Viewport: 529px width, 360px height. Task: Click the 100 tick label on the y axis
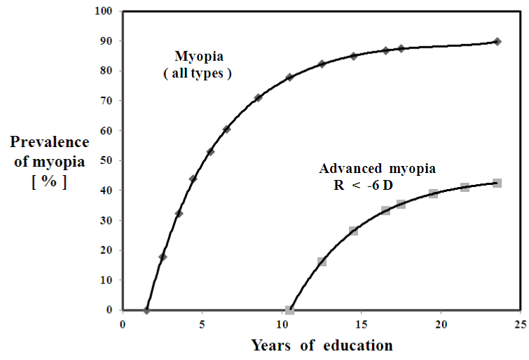point(104,11)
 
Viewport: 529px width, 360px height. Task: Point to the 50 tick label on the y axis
point(107,160)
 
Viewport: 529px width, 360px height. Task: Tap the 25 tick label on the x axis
point(519,324)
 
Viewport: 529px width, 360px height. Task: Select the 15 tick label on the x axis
point(360,324)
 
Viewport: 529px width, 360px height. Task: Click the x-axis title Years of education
point(322,345)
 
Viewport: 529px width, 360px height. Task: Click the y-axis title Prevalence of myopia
point(50,151)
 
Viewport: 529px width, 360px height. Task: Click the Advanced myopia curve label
point(378,169)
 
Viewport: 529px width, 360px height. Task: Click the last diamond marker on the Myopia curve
point(497,41)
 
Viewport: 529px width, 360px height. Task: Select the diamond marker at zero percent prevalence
point(146,310)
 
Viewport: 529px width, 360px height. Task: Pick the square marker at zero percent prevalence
point(289,310)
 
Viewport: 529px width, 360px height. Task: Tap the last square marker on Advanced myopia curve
point(497,183)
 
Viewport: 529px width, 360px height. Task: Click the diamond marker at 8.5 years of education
point(258,97)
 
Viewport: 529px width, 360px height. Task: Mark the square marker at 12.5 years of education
point(322,262)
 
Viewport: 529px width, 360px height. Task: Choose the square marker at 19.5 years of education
point(433,193)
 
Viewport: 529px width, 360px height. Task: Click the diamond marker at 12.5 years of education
point(322,64)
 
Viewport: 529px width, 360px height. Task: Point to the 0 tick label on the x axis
point(123,324)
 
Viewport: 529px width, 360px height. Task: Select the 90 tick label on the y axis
point(107,41)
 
